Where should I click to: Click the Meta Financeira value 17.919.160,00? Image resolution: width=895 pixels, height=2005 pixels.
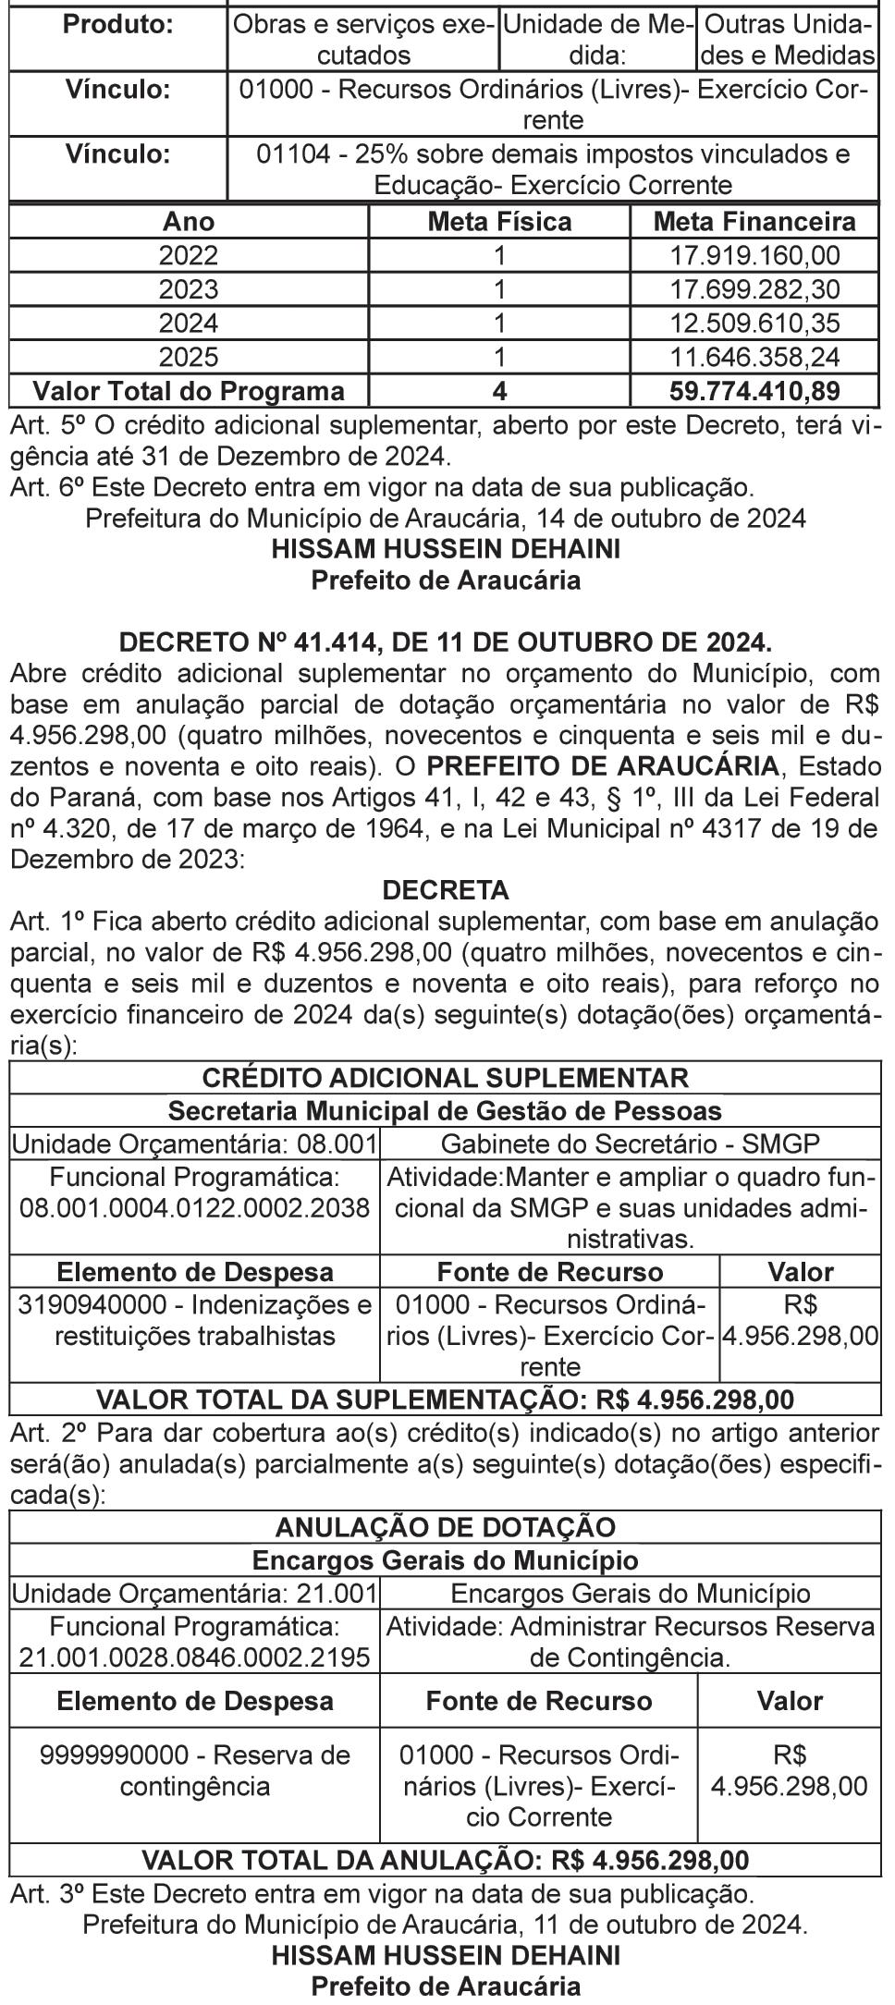coord(754,256)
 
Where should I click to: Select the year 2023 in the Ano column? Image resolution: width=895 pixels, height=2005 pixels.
coord(189,289)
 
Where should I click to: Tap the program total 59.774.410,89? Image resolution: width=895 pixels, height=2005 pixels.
coord(754,391)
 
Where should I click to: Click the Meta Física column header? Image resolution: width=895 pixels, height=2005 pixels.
coord(499,223)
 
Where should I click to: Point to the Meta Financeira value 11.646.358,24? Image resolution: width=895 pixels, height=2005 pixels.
coord(754,357)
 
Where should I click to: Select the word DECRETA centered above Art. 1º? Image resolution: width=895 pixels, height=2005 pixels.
coord(446,891)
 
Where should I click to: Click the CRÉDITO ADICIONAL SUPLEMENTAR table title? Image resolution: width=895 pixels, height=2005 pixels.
coord(446,1078)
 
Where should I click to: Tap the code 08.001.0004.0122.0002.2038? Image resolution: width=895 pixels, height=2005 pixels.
coord(195,1208)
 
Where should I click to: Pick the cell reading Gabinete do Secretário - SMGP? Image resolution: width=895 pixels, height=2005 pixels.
coord(631,1144)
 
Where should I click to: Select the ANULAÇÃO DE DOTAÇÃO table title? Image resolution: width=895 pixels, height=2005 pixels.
coord(446,1527)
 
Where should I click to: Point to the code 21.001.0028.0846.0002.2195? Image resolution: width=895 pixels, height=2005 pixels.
coord(195,1657)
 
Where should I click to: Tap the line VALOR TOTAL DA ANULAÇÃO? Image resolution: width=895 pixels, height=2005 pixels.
coord(446,1859)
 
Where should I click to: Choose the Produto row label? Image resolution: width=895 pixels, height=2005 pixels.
coord(117,25)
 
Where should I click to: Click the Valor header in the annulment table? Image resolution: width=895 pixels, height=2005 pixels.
coord(790,1702)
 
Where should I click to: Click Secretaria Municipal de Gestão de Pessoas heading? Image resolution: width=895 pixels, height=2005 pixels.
coord(446,1110)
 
